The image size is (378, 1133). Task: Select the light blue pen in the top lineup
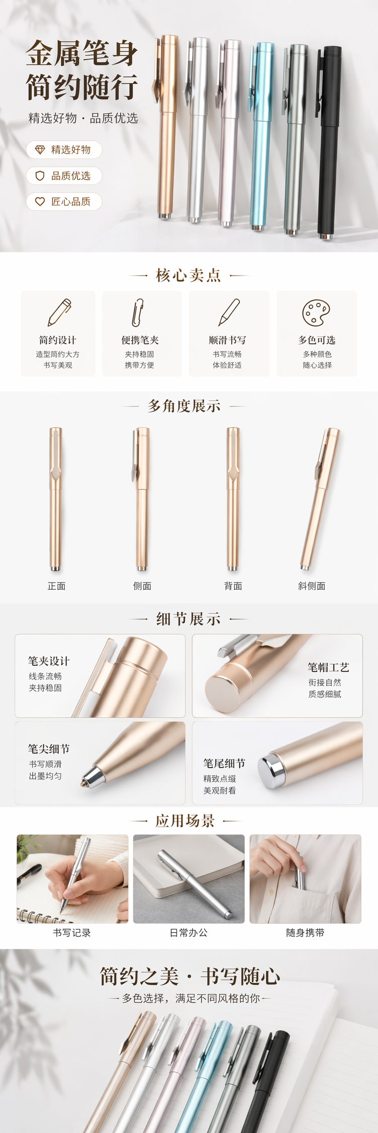tap(261, 136)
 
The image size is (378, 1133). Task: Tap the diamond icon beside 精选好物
tap(40, 150)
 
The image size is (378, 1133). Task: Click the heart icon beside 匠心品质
tap(40, 201)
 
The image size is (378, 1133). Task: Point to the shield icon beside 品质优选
tap(40, 176)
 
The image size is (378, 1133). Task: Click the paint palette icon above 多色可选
tap(316, 312)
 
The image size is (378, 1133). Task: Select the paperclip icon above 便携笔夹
tap(138, 312)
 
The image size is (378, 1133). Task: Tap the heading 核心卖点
tap(188, 275)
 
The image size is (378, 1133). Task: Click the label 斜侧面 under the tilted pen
tap(312, 586)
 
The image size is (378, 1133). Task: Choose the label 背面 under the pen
tap(233, 586)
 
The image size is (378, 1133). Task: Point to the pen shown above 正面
tap(55, 499)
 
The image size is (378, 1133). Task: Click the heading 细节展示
tap(188, 619)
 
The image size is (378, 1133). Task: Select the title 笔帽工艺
tap(328, 667)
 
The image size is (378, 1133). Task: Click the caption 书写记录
tap(72, 933)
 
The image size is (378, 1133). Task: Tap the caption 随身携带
tap(305, 933)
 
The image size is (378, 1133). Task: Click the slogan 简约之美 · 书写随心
tap(190, 976)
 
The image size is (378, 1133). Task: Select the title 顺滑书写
tap(227, 340)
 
